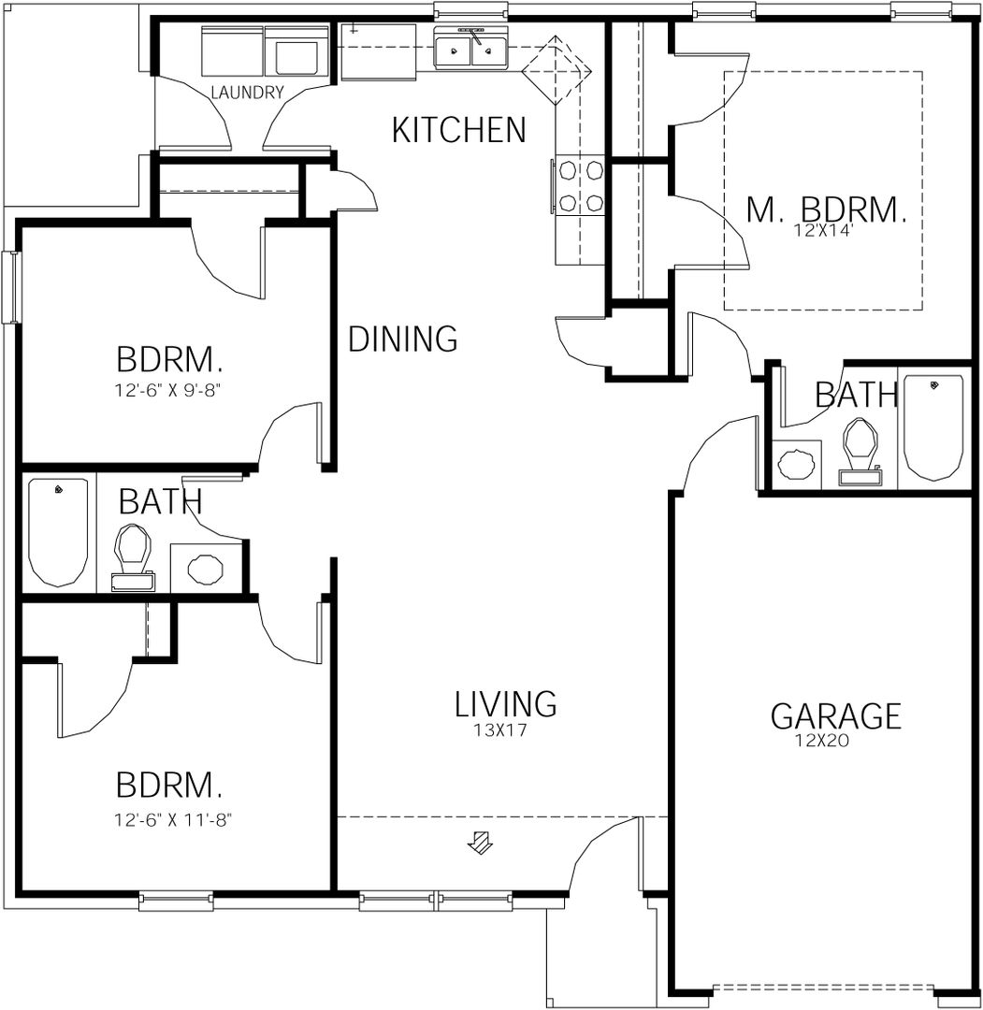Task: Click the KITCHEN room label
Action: point(458,130)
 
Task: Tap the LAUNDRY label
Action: point(247,93)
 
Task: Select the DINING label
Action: point(402,339)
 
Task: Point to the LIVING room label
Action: point(506,703)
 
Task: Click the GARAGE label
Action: point(836,716)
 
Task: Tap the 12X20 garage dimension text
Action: point(823,741)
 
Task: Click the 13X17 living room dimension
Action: point(500,730)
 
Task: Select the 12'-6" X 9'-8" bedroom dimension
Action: point(171,390)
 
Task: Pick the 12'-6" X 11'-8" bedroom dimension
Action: point(173,820)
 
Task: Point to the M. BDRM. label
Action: point(827,210)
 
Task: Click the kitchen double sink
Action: point(470,49)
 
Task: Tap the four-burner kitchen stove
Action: point(580,187)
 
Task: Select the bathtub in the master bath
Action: point(933,427)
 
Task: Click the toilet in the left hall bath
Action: point(132,557)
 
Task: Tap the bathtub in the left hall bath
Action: point(58,532)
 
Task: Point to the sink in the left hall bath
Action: point(206,569)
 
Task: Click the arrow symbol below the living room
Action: point(480,842)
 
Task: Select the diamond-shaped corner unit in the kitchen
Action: point(556,70)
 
